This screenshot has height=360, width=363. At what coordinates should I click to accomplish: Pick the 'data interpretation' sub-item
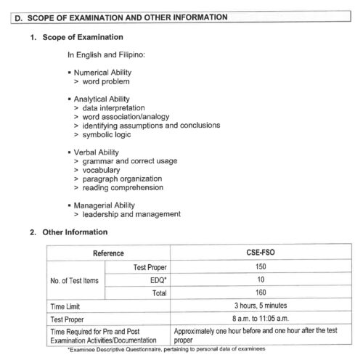[x=113, y=108]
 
